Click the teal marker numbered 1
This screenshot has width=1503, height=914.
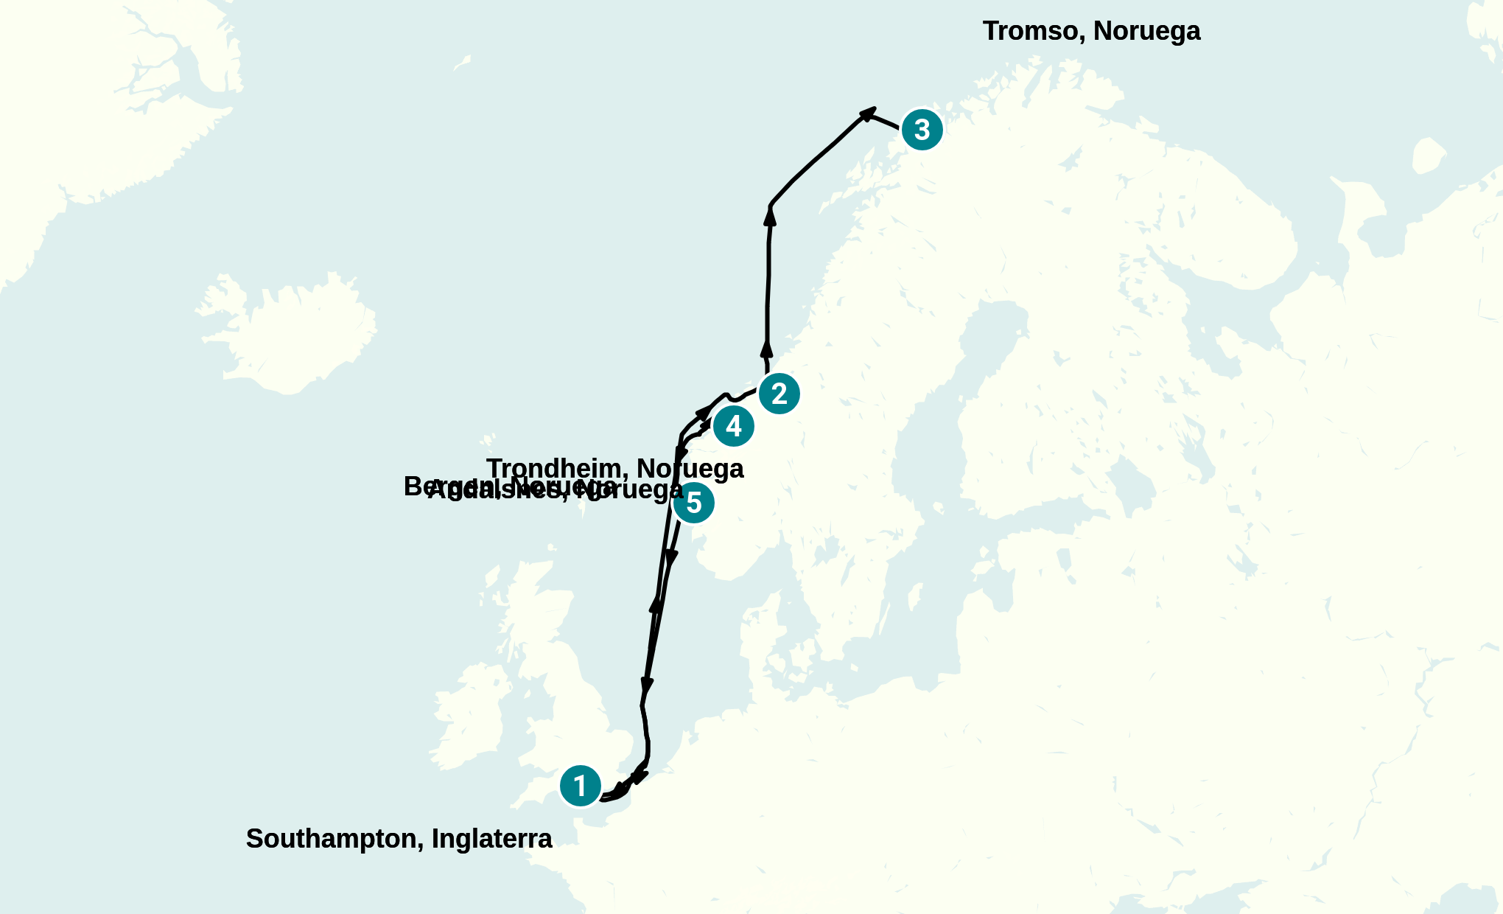point(581,786)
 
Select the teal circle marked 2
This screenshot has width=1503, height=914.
point(779,394)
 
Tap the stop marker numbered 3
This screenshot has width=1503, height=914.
point(922,130)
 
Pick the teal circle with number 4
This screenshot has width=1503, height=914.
point(733,426)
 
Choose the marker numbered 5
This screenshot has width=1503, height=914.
point(693,503)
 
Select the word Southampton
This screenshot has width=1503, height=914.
point(334,839)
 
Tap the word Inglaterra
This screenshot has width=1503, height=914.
point(491,839)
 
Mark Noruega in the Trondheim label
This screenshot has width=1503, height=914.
point(690,469)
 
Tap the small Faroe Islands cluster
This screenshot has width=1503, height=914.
point(488,442)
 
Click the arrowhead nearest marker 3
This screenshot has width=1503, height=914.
point(868,113)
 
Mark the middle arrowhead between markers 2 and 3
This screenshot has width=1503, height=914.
point(770,215)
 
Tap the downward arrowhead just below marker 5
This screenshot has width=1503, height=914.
point(670,558)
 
